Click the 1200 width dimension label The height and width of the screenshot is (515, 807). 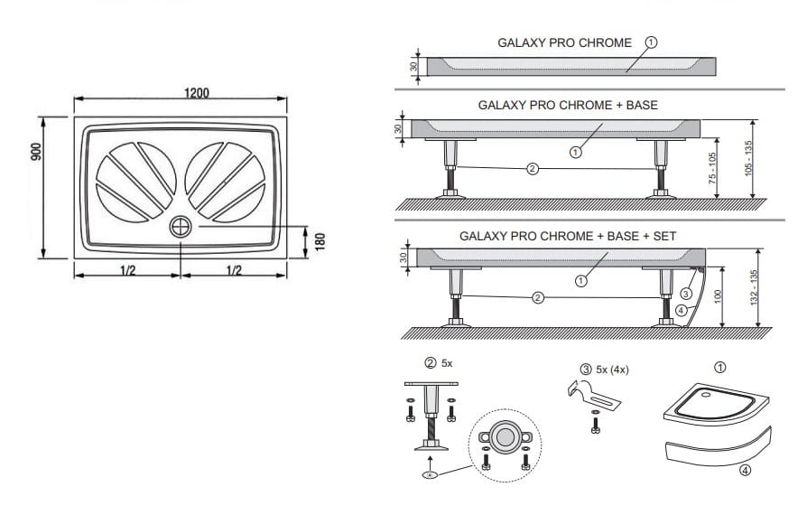point(197,93)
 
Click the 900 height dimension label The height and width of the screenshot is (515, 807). point(36,152)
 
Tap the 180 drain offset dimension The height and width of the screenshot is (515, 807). point(320,242)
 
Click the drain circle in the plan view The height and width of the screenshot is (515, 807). point(181,227)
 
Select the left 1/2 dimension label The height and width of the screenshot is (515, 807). point(127,270)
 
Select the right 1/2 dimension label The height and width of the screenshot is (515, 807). point(234,270)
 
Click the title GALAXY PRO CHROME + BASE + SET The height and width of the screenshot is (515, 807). point(568,237)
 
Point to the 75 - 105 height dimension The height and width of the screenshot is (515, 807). point(712,168)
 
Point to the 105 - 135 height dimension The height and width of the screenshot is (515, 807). point(749,158)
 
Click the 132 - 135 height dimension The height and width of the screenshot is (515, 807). point(755,287)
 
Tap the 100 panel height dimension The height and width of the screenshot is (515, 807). point(719,296)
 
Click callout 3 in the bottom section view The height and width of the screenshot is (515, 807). point(686,294)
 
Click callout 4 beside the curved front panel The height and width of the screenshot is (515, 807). point(681,311)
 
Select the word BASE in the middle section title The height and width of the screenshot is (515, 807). point(642,105)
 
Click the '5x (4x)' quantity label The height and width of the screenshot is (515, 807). point(612,370)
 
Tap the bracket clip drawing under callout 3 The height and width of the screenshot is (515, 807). point(594,396)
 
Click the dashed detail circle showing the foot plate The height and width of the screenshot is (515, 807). point(505,446)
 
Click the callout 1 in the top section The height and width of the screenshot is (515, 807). point(651,42)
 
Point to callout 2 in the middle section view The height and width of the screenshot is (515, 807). point(533,168)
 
